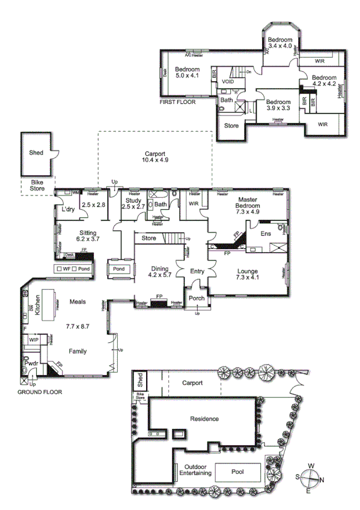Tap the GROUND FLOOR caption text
pos(40,392)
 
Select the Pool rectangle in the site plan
pos(237,472)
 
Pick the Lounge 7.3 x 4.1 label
pos(248,275)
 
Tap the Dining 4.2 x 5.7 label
pos(160,274)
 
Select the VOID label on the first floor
pos(228,81)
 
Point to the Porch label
pos(197,298)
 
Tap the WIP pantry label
pos(34,340)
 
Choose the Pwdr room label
pos(32,364)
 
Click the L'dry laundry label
pos(67,210)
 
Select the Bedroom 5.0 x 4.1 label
pos(187,73)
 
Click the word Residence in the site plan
pos(204,419)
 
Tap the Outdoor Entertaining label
pos(194,470)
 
